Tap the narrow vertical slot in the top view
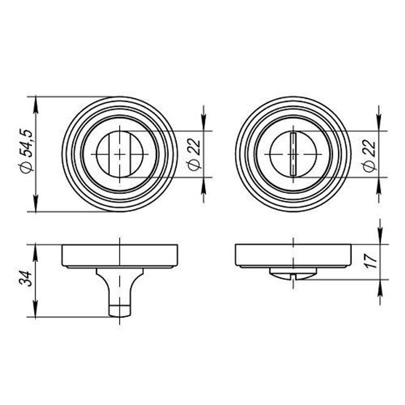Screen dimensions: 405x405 [293, 154]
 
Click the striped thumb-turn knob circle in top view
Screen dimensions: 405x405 [120, 154]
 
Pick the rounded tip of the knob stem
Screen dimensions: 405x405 [120, 312]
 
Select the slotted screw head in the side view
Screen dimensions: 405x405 [293, 274]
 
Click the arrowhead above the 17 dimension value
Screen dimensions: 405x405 [379, 237]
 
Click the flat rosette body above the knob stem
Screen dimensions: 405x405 [120, 255]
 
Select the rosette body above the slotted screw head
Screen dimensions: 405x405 [293, 255]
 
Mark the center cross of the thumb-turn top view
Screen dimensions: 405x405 [120, 154]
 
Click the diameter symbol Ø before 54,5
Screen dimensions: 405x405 [28, 168]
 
